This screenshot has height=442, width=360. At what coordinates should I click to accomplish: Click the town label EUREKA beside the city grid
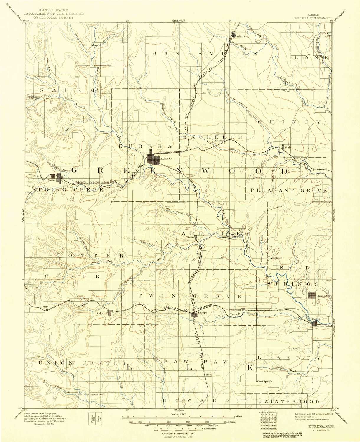click(x=166, y=159)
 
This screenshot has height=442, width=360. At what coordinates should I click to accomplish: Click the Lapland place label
click(x=98, y=45)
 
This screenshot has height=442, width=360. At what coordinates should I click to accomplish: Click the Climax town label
click(x=189, y=237)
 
